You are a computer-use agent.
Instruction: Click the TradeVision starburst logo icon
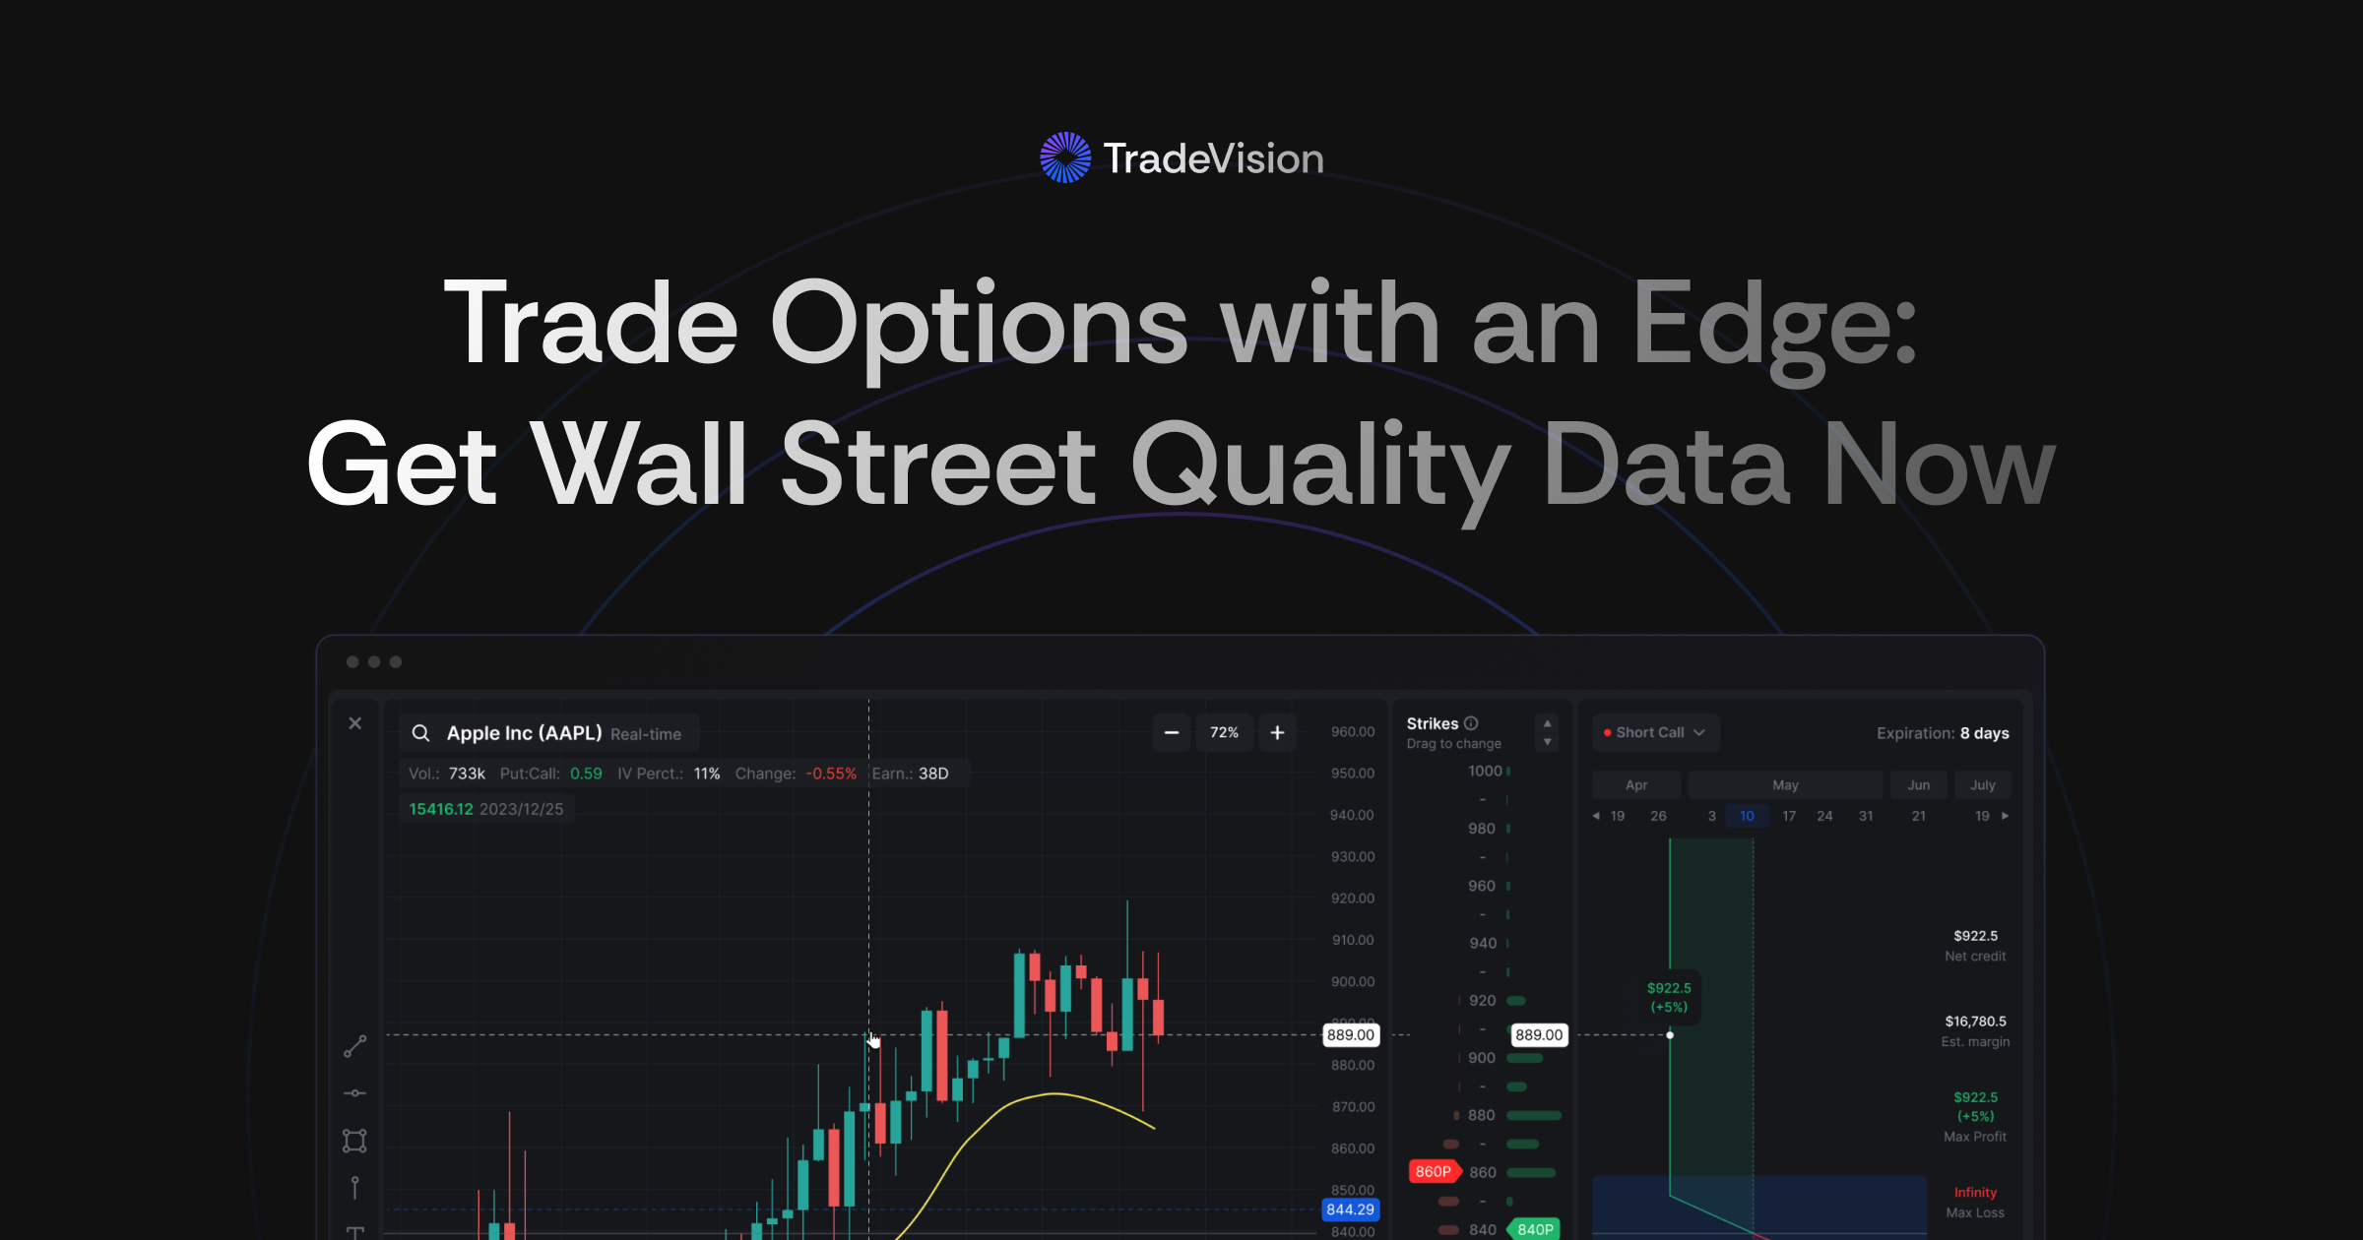(x=1065, y=157)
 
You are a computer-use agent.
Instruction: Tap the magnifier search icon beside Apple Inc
(x=420, y=733)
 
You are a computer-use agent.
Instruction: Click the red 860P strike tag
(x=1433, y=1171)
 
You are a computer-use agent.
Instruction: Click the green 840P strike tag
(x=1535, y=1229)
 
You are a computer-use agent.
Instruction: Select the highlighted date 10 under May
(x=1747, y=816)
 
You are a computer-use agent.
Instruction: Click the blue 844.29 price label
(x=1350, y=1209)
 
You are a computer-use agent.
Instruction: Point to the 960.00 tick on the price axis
(x=1352, y=732)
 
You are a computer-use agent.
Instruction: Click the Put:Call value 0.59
(x=586, y=774)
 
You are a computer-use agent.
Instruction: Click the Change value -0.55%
(x=831, y=774)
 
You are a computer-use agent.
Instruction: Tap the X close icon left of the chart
(x=355, y=723)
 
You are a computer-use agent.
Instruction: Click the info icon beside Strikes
(x=1471, y=723)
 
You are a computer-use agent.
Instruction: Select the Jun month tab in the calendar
(x=1918, y=785)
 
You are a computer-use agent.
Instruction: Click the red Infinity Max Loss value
(x=1975, y=1193)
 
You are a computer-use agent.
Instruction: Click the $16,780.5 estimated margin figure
(x=1975, y=1022)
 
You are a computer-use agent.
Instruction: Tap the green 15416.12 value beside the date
(x=440, y=809)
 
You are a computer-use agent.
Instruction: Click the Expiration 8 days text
(x=1942, y=733)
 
